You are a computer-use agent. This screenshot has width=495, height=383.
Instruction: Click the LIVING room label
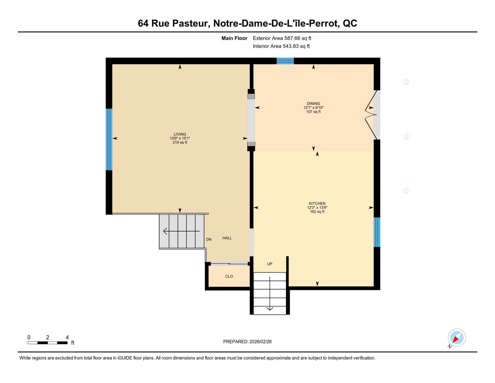(180, 134)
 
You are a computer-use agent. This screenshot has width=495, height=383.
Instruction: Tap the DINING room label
(313, 104)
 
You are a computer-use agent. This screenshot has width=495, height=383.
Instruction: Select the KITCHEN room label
(317, 204)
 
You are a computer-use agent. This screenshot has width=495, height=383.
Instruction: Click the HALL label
(227, 238)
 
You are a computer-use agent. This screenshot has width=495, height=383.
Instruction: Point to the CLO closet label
(229, 276)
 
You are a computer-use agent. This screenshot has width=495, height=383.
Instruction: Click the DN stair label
(209, 239)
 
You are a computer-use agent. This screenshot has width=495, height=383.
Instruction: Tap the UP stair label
(270, 264)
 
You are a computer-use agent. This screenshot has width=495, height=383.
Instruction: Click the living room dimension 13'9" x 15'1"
(180, 138)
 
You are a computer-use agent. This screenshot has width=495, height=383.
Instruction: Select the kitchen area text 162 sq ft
(317, 212)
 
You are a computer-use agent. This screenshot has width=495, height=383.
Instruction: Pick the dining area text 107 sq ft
(313, 112)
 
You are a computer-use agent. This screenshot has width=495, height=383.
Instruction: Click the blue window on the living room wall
(109, 139)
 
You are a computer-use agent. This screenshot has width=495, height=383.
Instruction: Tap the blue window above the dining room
(285, 61)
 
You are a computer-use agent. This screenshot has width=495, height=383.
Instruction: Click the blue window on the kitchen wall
(377, 232)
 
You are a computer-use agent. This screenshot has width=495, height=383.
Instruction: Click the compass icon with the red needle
(457, 338)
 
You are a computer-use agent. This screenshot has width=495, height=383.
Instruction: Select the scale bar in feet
(48, 343)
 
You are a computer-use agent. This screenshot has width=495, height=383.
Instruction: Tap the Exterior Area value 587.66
(292, 38)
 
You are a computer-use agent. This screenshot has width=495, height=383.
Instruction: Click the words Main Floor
(234, 38)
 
